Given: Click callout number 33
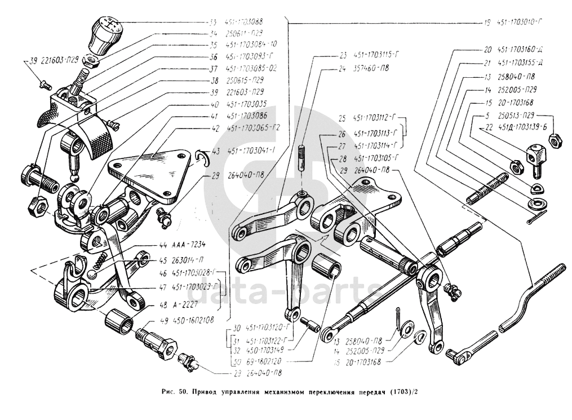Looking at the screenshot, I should tap(213, 22).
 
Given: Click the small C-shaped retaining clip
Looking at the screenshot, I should tap(203, 158).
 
